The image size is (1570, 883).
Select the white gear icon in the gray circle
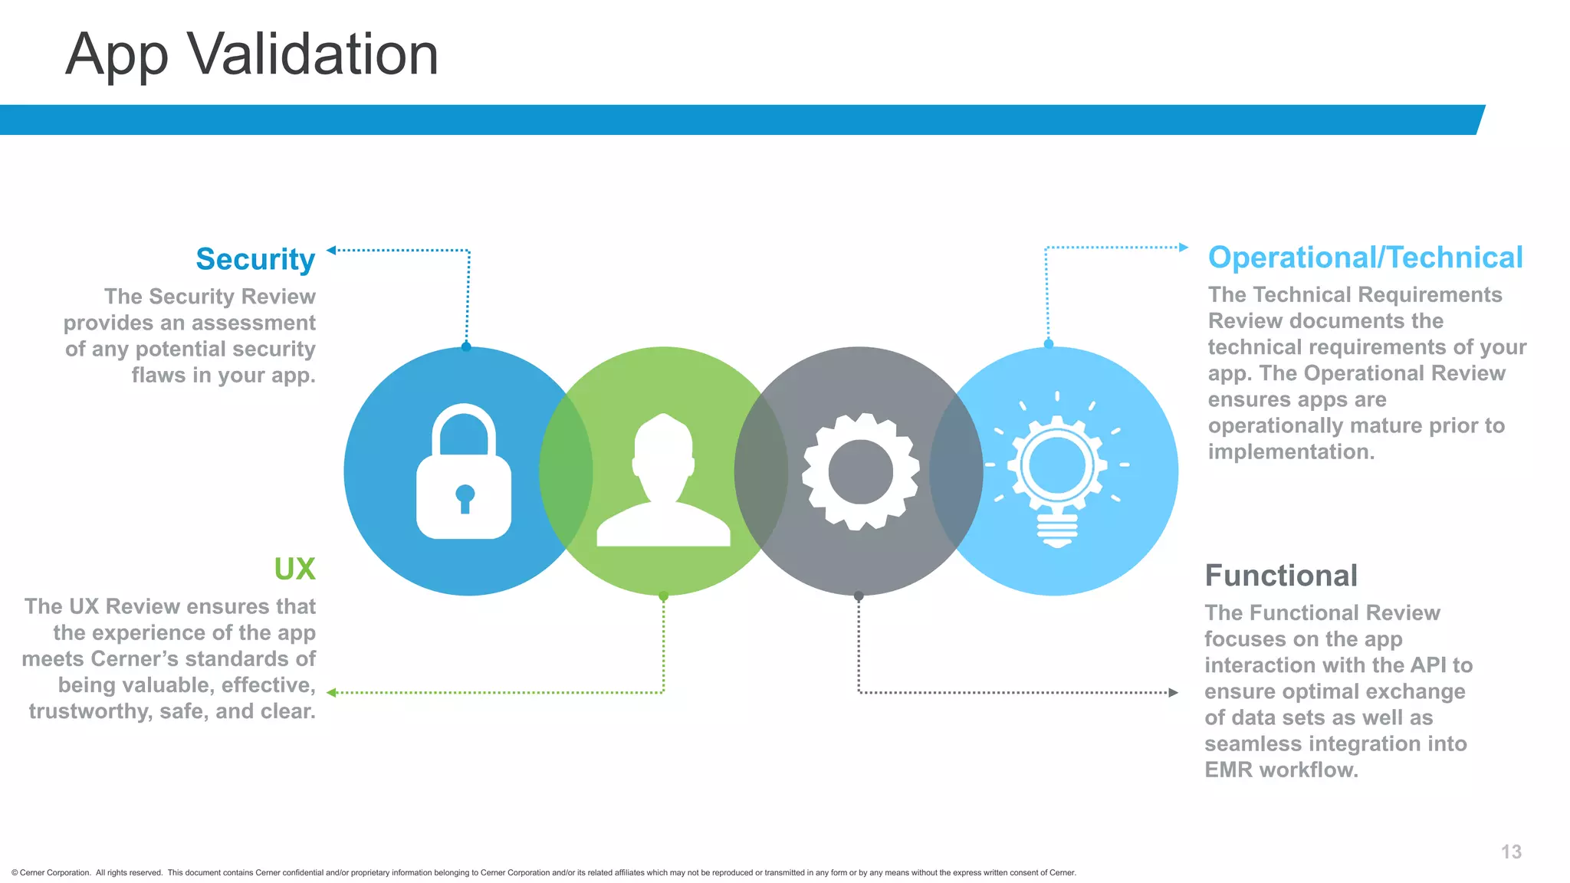(x=860, y=471)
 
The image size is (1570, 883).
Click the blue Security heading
(x=255, y=259)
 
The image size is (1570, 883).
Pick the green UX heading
(x=294, y=569)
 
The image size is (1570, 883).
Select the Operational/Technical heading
(x=1365, y=258)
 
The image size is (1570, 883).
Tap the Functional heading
(x=1281, y=576)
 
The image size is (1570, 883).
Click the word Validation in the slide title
(x=313, y=54)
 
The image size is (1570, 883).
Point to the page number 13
(x=1511, y=852)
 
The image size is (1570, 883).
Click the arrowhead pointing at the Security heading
(x=331, y=250)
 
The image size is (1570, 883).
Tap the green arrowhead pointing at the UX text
(x=331, y=693)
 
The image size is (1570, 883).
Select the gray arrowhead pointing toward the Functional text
(x=1173, y=693)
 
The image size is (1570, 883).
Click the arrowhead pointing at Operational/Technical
(x=1184, y=248)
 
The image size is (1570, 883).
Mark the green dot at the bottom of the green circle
(x=664, y=596)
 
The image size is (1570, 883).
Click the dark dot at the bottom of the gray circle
(x=859, y=596)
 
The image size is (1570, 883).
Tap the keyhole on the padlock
(x=465, y=497)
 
